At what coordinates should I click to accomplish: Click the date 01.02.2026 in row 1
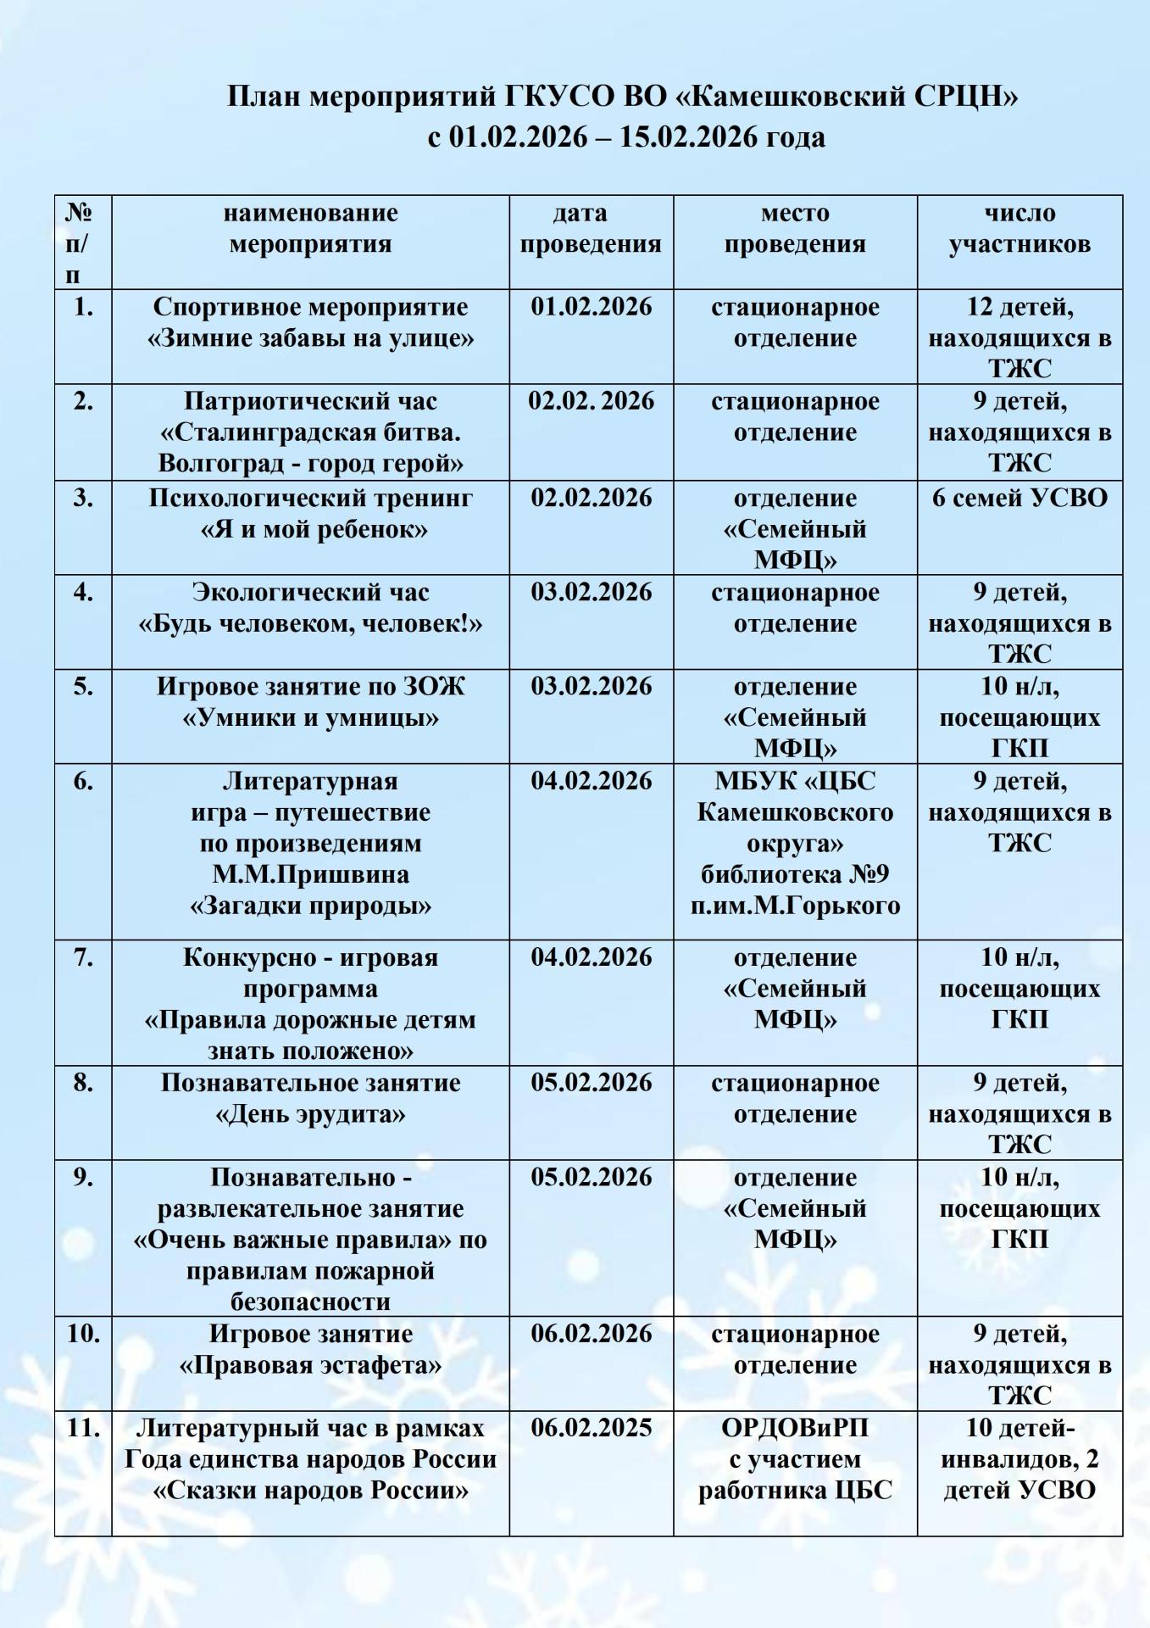pos(591,306)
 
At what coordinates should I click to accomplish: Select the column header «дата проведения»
pos(591,228)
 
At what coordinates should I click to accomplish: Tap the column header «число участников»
pos(1019,228)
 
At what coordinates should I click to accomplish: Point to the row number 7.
pos(82,957)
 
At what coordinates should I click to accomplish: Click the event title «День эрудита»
pos(310,1113)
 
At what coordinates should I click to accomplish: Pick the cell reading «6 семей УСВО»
pos(1019,498)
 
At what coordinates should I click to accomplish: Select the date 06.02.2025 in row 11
pos(591,1428)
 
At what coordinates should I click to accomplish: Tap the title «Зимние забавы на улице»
pos(310,338)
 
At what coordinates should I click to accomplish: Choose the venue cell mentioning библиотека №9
pos(795,844)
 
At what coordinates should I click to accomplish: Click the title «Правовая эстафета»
pos(310,1365)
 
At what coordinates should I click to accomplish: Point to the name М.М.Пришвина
pos(310,874)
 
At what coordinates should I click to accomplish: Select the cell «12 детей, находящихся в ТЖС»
pos(1019,337)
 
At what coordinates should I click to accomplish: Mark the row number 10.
pos(82,1334)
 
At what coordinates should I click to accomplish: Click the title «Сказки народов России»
pos(310,1490)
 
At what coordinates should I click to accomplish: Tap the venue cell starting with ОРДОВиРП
pos(795,1459)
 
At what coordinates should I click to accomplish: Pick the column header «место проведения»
pos(795,228)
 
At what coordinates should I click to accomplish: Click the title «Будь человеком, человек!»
pos(310,623)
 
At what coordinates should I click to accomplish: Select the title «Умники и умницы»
pos(310,717)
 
